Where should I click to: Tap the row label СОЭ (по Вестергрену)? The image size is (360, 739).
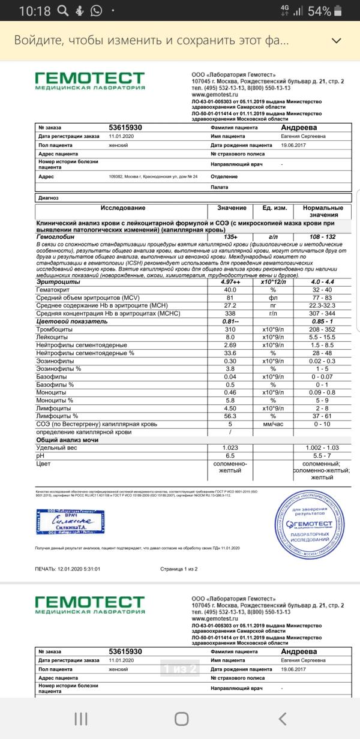click(97, 424)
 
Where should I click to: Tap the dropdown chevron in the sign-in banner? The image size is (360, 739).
click(337, 41)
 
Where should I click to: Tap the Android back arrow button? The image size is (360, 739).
click(283, 718)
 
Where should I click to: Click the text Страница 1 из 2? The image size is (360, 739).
click(179, 569)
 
